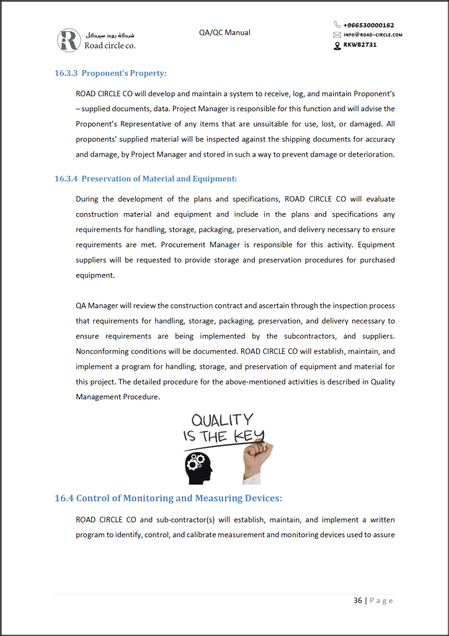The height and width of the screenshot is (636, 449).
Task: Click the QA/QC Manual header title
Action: (x=225, y=32)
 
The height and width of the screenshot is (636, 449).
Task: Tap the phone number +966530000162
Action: (x=368, y=25)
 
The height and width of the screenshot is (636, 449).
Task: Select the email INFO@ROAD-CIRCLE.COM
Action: (x=373, y=35)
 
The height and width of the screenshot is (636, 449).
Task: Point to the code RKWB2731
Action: (x=360, y=45)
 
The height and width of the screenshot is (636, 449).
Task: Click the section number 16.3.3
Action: (x=66, y=73)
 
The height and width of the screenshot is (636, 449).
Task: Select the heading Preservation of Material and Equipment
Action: (x=159, y=179)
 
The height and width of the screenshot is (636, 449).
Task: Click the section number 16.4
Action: (x=64, y=498)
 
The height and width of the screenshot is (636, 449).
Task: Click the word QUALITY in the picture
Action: (x=221, y=420)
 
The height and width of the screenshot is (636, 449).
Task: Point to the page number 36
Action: (x=358, y=601)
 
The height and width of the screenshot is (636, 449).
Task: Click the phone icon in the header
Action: (x=337, y=25)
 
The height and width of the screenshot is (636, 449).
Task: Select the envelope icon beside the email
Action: (x=337, y=35)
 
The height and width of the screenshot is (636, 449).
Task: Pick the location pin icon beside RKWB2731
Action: (x=337, y=45)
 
